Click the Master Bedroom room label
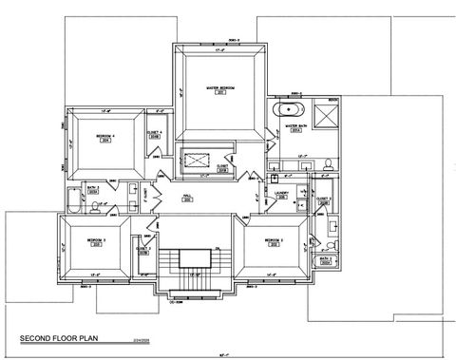(x=220, y=91)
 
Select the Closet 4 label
(x=155, y=135)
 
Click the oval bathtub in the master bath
(x=286, y=111)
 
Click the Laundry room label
(x=281, y=194)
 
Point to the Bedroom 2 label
(x=276, y=241)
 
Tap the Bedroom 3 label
(x=94, y=241)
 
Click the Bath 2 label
(x=324, y=257)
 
